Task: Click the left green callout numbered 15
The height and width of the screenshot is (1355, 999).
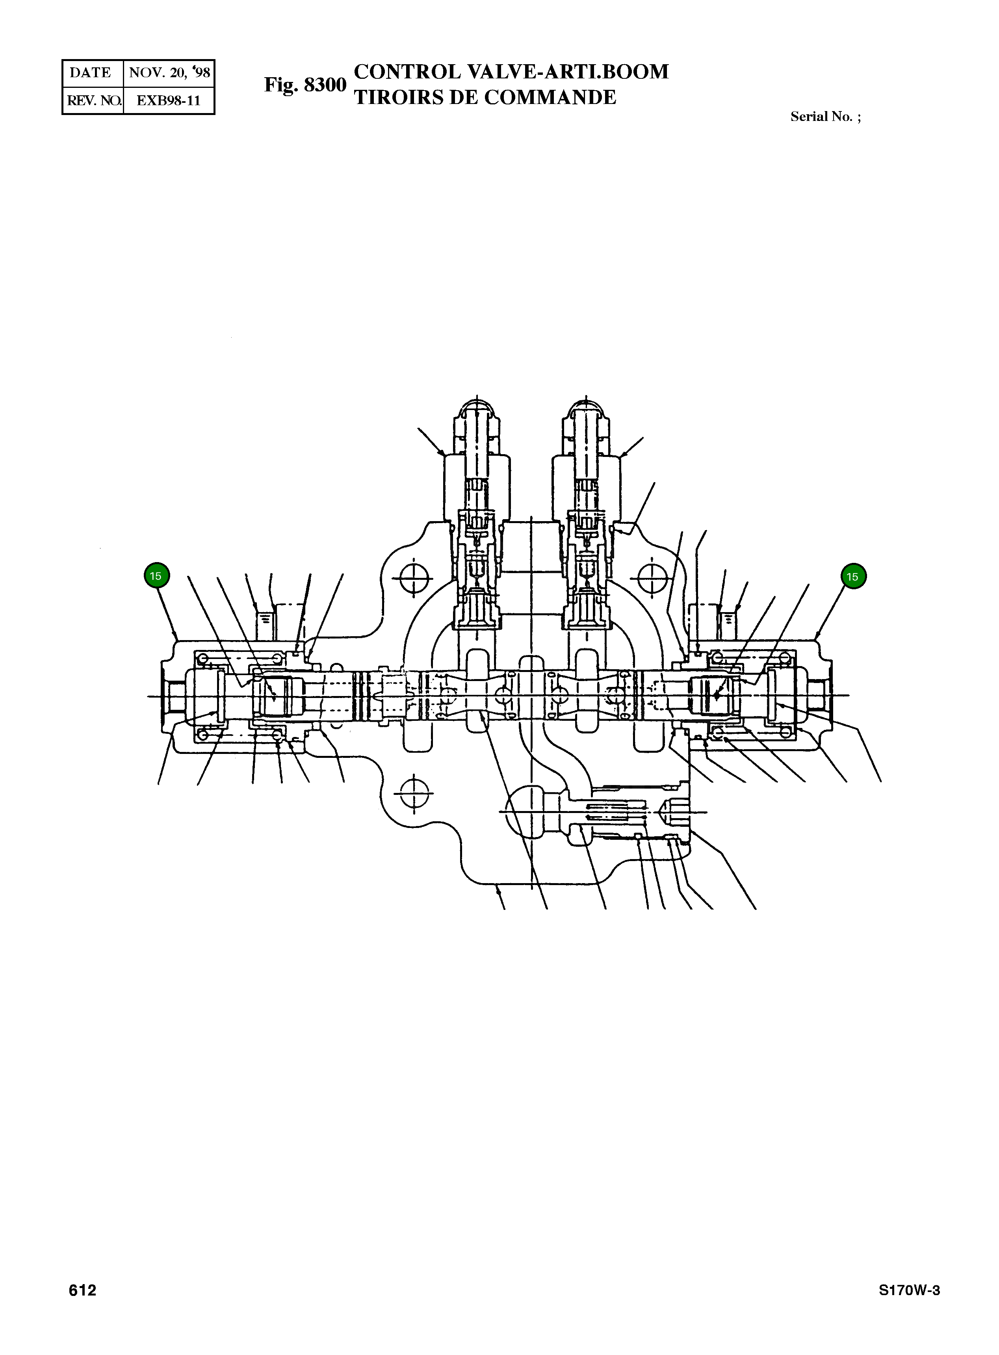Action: (x=156, y=575)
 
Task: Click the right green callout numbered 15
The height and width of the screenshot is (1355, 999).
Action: (x=853, y=576)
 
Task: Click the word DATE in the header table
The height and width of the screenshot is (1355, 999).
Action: (x=91, y=72)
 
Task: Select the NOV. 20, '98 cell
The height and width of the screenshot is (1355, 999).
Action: (x=169, y=72)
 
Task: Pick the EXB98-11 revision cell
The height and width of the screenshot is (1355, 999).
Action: (x=168, y=100)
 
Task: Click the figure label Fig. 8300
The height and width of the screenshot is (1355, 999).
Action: (x=305, y=85)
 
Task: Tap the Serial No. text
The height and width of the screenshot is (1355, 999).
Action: (x=825, y=117)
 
